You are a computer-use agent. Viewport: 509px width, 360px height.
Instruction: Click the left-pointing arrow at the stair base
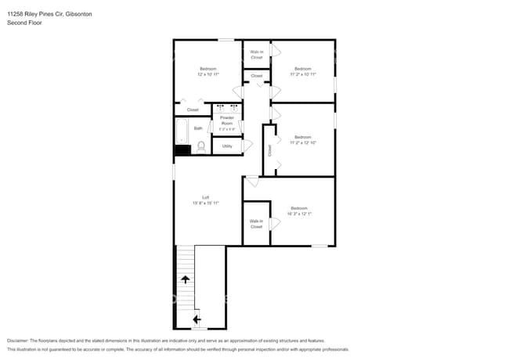(196, 318)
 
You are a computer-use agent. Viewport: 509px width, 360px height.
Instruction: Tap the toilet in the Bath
(200, 146)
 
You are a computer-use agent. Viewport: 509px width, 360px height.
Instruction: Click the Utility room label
(227, 146)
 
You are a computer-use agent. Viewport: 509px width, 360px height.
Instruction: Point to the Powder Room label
(227, 121)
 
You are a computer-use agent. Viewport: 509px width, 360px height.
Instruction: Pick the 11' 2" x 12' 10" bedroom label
(302, 142)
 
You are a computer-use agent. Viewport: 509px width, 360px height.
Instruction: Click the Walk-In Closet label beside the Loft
(256, 224)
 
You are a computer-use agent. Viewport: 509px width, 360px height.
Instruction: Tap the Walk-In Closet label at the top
(257, 55)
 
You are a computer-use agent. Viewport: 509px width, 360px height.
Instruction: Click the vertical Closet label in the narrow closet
(269, 150)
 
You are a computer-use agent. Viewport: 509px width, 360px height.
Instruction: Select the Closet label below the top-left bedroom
(193, 110)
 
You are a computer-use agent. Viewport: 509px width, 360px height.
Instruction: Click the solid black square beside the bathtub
(182, 149)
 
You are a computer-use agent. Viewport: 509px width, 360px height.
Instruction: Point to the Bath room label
(198, 128)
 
